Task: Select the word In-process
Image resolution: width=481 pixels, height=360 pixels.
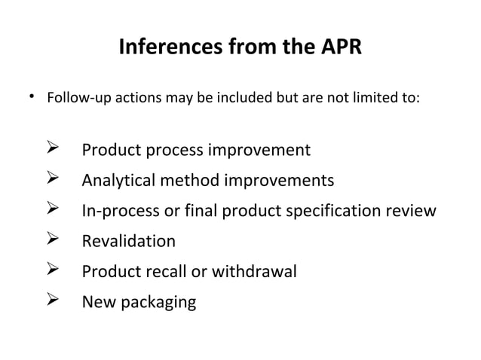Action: pyautogui.click(x=121, y=212)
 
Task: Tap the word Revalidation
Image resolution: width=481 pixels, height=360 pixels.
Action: pyautogui.click(x=128, y=242)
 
